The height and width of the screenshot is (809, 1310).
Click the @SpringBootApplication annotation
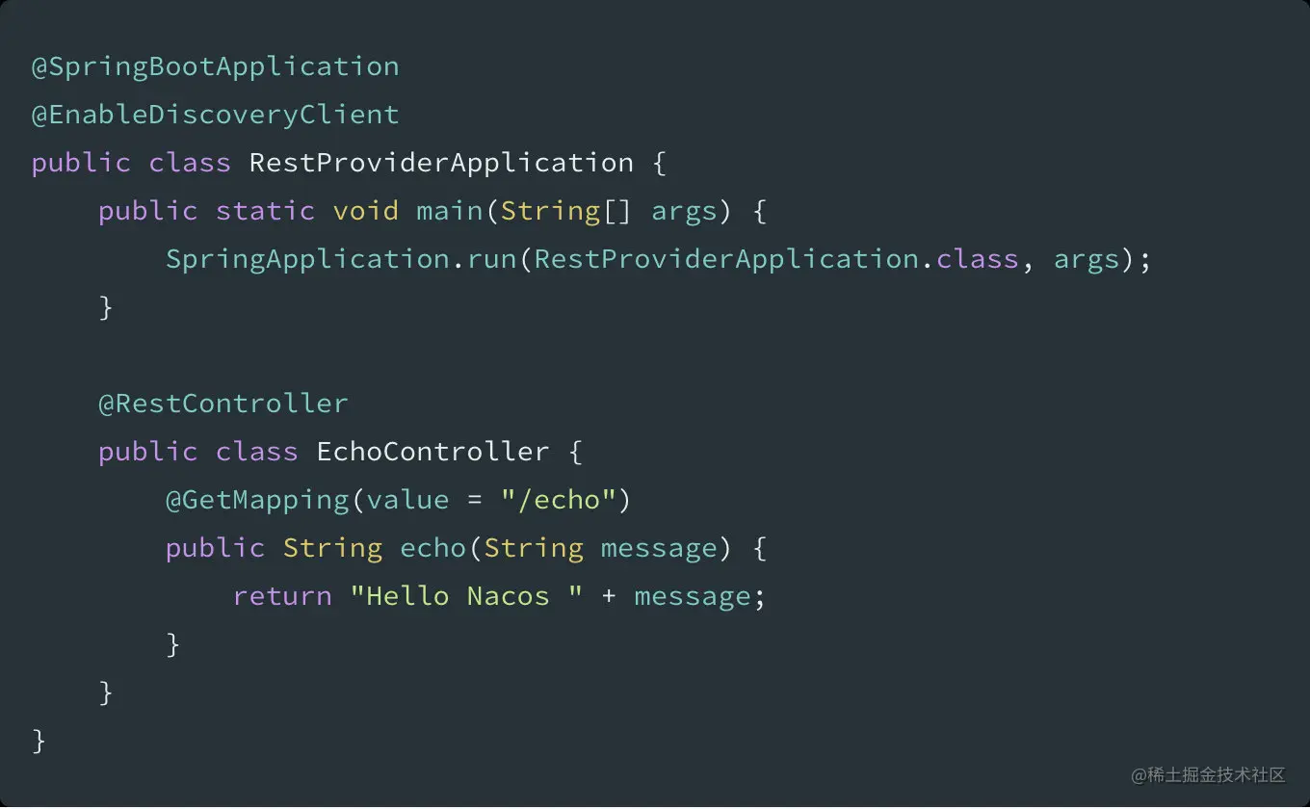tap(215, 67)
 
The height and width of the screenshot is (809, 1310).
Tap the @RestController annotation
tap(223, 404)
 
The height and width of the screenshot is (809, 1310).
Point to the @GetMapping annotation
tap(257, 501)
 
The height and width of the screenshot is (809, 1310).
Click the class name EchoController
tap(432, 452)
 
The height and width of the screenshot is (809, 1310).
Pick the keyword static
tap(266, 211)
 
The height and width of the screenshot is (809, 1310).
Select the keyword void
tap(365, 211)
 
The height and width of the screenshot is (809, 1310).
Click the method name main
tap(449, 211)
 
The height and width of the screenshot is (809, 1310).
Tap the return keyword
tap(282, 597)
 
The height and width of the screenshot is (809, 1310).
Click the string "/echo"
tap(559, 501)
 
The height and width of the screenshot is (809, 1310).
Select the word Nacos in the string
tap(509, 597)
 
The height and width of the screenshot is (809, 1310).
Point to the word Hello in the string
tap(407, 597)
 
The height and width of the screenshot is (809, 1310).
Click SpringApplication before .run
tap(307, 259)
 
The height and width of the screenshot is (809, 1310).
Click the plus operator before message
tap(609, 597)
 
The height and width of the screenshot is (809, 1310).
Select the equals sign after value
tap(475, 501)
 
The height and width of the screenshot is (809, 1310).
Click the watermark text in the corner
tap(1208, 775)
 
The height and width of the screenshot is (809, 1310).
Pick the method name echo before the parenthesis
tap(432, 548)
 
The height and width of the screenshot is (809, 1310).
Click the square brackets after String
tap(617, 211)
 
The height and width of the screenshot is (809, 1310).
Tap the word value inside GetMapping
tap(407, 501)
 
